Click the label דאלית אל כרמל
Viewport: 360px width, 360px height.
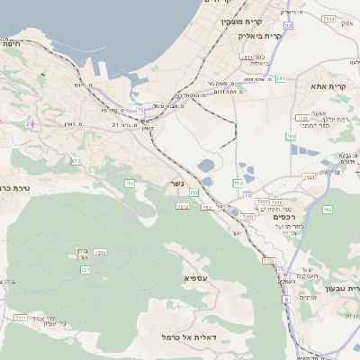[x=159, y=336]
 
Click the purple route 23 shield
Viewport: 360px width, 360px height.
[x=29, y=123]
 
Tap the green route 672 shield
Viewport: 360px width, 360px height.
[x=76, y=161]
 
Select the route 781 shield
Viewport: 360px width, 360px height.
[x=280, y=78]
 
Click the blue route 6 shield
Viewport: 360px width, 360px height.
[x=280, y=268]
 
